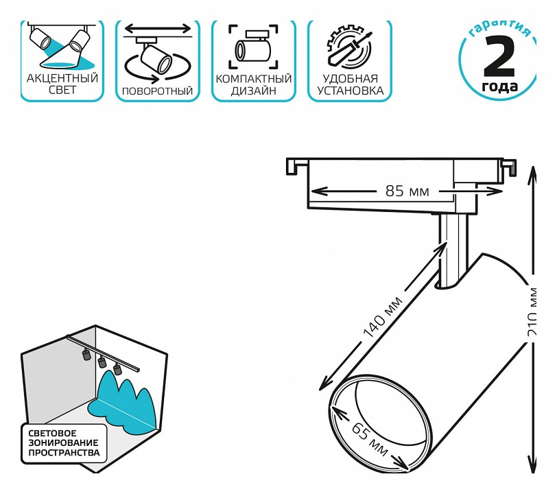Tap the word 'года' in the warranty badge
point(499,87)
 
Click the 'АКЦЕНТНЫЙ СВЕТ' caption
point(62,84)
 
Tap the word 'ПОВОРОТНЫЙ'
point(157,91)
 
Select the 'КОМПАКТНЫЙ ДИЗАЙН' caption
point(254,84)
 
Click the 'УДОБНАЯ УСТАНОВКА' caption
point(350,84)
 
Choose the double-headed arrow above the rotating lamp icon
point(157,29)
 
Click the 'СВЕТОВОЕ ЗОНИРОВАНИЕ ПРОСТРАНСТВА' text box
point(64,443)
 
